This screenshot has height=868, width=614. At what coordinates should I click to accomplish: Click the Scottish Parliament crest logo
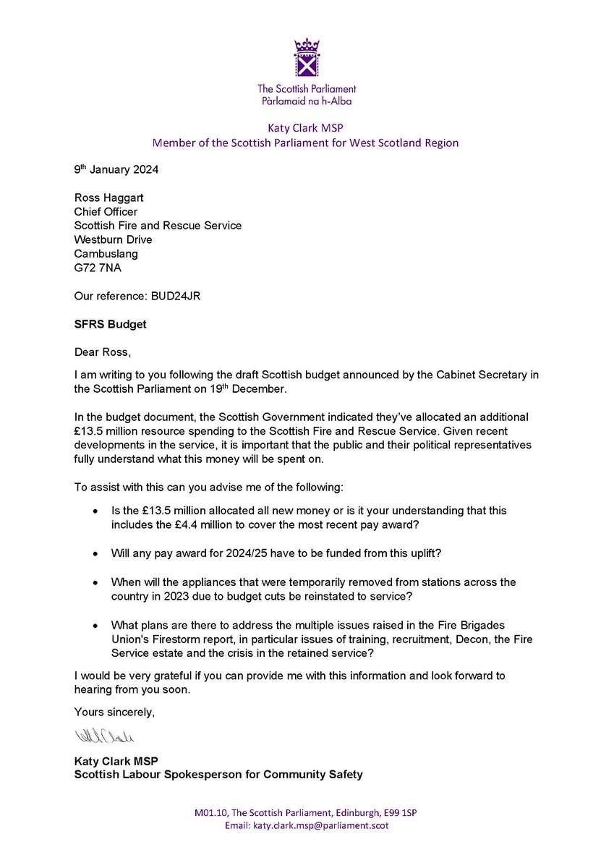[307, 59]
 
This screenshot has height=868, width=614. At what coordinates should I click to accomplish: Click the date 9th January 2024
[118, 171]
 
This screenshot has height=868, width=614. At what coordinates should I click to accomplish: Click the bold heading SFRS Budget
[110, 324]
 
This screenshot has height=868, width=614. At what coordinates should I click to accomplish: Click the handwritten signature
[105, 737]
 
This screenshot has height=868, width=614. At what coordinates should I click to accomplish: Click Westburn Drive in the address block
[114, 239]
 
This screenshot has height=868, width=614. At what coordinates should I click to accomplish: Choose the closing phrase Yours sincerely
[114, 712]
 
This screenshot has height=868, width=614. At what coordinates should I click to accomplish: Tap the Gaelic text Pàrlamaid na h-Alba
[307, 101]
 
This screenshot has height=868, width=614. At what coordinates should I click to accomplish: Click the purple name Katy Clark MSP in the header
[307, 127]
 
